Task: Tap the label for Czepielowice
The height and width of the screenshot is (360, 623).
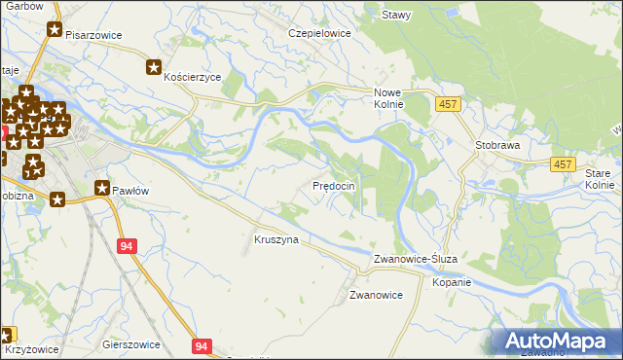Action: click(318, 32)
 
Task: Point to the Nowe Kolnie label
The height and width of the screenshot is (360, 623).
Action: click(389, 98)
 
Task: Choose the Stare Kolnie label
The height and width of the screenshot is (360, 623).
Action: click(600, 178)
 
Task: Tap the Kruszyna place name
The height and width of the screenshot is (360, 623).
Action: click(275, 238)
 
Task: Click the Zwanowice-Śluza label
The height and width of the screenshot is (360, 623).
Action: click(422, 260)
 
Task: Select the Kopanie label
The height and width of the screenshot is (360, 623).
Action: click(452, 283)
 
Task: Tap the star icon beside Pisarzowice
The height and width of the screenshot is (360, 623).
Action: click(54, 31)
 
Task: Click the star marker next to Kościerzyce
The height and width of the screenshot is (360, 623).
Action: click(154, 67)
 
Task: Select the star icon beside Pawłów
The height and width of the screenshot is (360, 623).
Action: click(102, 188)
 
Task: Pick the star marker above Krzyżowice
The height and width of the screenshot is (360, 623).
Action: click(9, 334)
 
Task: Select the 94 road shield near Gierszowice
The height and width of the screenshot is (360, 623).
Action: click(201, 345)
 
